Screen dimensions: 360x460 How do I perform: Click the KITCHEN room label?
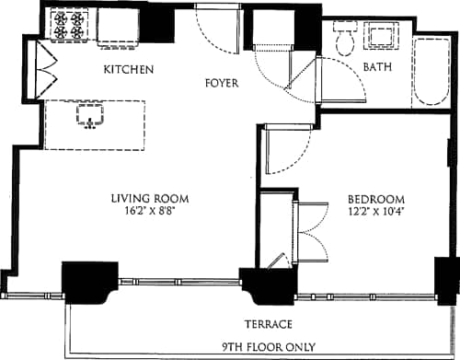tap(128, 70)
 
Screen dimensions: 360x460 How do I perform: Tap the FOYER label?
tap(221, 83)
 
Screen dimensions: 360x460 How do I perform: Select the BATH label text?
tap(377, 67)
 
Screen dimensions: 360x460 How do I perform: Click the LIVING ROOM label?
tap(150, 198)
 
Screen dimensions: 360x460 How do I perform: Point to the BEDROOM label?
tap(376, 200)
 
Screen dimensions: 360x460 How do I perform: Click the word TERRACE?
tap(268, 324)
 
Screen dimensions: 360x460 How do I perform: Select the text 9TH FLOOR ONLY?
tap(268, 347)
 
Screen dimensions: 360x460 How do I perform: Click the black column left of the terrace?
tap(89, 280)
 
